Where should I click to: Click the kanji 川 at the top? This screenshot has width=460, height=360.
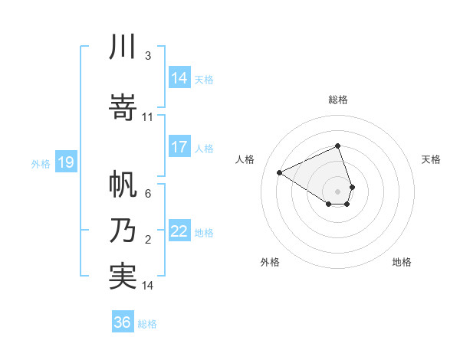[123, 47]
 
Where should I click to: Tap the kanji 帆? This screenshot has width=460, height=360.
[123, 183]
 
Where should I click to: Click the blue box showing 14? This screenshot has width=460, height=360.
[179, 78]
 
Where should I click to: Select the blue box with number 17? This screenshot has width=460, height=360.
[179, 147]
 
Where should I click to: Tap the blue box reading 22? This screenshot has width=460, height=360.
[179, 232]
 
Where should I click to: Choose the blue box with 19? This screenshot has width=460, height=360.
[65, 162]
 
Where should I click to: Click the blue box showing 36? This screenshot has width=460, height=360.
[123, 322]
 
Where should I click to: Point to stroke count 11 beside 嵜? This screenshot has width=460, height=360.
[148, 117]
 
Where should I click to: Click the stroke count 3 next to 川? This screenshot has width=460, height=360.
[147, 56]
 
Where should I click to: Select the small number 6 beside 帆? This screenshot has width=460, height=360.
[147, 194]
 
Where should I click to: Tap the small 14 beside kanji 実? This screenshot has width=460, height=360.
[148, 286]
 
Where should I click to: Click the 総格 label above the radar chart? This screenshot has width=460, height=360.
[338, 100]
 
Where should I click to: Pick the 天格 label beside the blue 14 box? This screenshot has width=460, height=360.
[204, 79]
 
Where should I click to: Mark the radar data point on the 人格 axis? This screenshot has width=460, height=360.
[280, 172]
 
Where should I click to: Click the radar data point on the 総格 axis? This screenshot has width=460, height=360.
[338, 146]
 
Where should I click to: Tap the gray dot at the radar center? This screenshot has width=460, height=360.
[338, 190]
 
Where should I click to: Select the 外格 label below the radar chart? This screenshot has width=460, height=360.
[270, 263]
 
